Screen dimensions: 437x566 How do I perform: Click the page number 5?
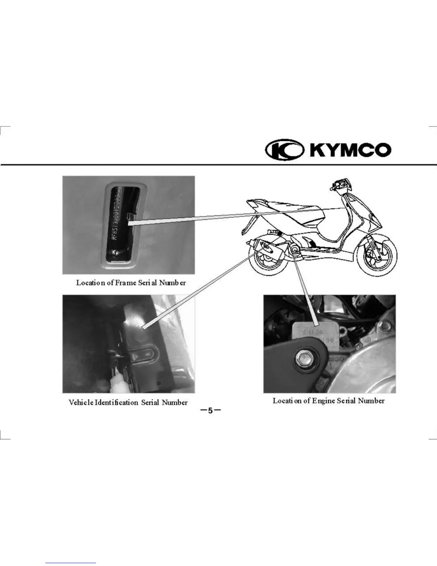pos(210,411)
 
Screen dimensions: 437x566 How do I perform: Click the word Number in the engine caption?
pos(371,401)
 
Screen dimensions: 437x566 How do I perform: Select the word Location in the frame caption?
pos(91,283)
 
